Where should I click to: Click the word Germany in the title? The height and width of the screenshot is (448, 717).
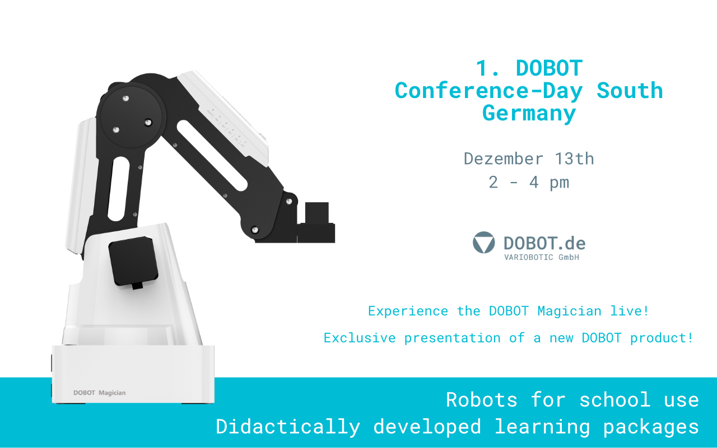(529, 113)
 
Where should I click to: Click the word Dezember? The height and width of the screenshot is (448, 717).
(504, 158)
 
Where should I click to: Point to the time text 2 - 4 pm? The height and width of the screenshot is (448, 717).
(529, 183)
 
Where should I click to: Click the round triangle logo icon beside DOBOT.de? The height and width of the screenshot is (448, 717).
(484, 242)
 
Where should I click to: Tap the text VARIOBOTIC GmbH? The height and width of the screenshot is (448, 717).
(542, 257)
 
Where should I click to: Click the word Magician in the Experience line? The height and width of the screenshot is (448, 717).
(569, 311)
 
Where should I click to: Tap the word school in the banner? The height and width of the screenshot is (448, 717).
(615, 400)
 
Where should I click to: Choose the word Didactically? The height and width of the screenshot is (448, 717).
(288, 427)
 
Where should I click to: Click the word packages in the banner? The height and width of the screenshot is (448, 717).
(651, 427)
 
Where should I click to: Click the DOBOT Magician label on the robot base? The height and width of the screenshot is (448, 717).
(100, 393)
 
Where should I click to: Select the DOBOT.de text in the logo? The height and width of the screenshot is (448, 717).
(544, 242)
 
